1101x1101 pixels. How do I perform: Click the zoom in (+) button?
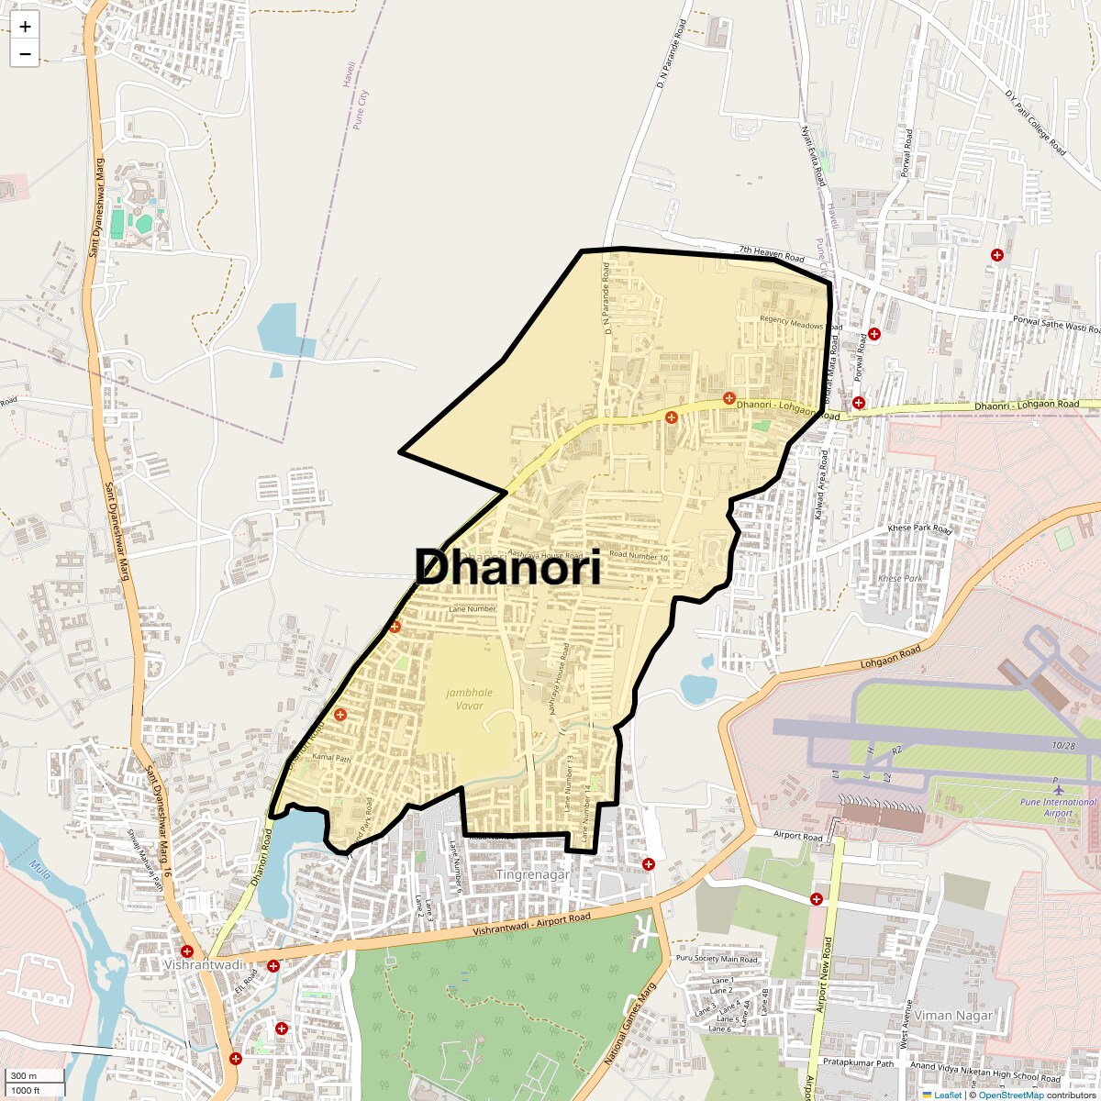25,28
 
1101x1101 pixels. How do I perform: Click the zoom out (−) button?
25,54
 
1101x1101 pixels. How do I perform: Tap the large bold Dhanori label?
508,568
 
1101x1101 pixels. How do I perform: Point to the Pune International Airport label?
1058,807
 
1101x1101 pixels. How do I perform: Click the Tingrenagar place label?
533,874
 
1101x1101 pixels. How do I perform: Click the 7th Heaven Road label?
772,254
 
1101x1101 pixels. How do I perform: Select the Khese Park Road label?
920,529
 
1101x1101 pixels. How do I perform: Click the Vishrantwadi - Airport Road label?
532,924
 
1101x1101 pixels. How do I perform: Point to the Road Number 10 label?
638,556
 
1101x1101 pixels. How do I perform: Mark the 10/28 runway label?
1064,746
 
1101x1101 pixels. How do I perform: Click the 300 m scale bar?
36,1075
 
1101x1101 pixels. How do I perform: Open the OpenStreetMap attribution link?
1010,1095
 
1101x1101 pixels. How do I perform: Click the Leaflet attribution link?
947,1095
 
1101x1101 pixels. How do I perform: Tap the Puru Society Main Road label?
717,960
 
